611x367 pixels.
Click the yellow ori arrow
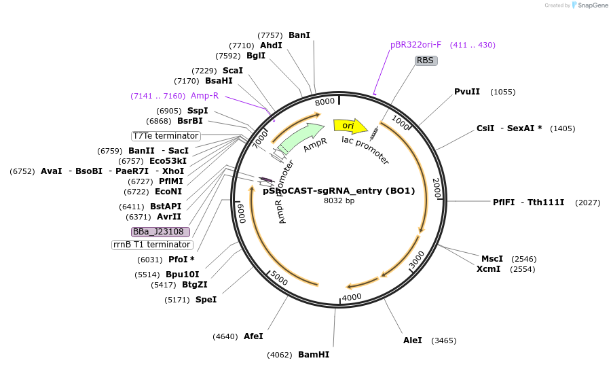[x=350, y=126]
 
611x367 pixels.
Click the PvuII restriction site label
[x=467, y=92]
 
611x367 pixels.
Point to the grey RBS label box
[x=426, y=60]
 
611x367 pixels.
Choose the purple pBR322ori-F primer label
[x=415, y=45]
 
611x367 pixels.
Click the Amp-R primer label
[x=204, y=96]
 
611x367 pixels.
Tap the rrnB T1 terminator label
[x=152, y=245]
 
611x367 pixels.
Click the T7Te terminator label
[x=166, y=136]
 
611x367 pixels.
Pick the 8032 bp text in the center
[x=339, y=201]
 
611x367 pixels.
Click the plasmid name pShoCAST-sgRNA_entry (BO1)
[x=339, y=191]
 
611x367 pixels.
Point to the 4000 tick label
[x=352, y=298]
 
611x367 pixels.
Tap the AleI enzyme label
[x=413, y=340]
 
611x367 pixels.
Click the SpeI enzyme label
[x=206, y=299]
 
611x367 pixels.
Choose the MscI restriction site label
[x=492, y=259]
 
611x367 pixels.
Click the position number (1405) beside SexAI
[x=563, y=128]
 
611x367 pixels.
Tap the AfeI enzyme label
[x=253, y=336]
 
